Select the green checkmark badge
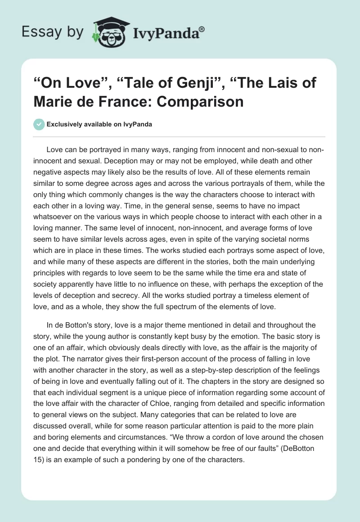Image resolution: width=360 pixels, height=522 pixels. (39, 124)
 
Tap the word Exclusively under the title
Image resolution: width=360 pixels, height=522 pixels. (66, 124)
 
